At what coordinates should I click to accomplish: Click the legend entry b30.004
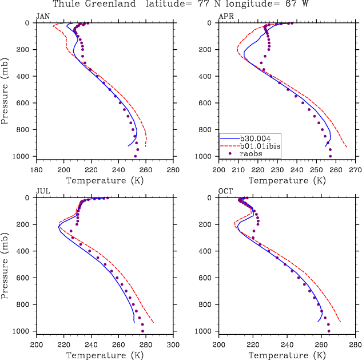coord(257,138)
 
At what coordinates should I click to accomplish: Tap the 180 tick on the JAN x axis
coord(37,169)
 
